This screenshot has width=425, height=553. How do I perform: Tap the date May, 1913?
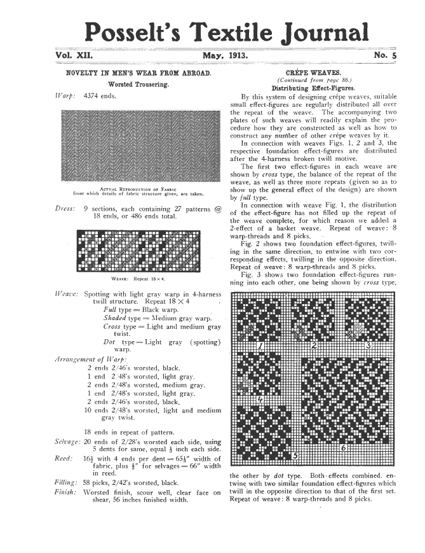coord(225,57)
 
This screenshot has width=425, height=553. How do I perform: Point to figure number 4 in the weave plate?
coord(261,399)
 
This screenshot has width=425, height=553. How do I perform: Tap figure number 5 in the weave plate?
coord(293,456)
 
